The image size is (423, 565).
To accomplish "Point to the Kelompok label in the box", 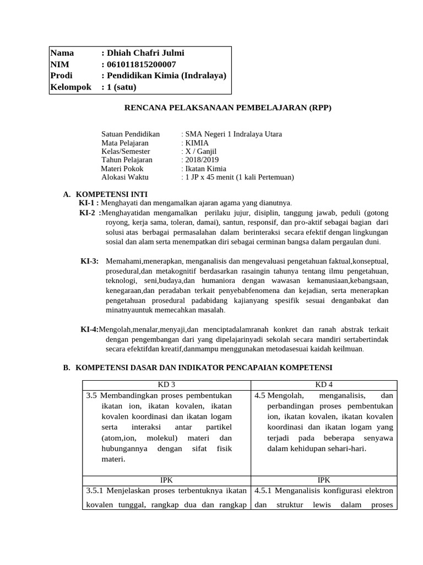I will pos(70,87).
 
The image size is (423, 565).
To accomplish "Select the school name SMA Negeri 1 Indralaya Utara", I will pos(234,134).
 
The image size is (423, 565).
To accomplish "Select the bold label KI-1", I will pos(89,203).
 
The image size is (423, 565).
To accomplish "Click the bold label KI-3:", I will pos(90,261).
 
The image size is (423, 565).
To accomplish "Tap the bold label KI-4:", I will pos(90,329).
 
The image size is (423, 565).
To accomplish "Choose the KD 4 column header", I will pos(323,385).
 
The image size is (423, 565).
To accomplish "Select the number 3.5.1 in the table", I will pos(97,491).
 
